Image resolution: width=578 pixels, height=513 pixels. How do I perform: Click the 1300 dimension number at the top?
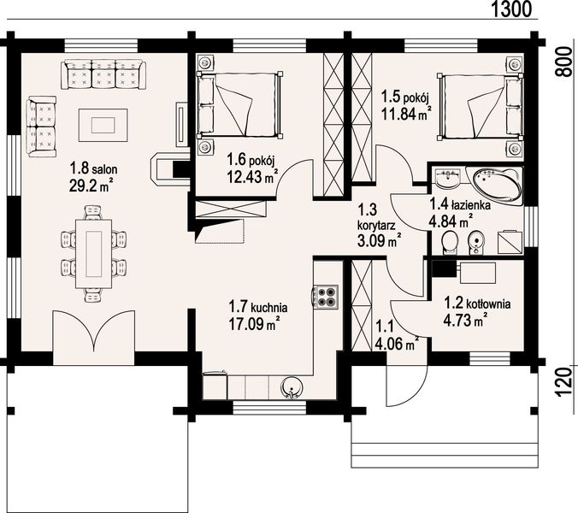(x=511, y=9)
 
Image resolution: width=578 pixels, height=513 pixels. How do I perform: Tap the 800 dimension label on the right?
(x=563, y=62)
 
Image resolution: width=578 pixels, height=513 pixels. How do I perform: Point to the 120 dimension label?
(x=565, y=382)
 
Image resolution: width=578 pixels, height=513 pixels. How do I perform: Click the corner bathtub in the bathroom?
(x=496, y=186)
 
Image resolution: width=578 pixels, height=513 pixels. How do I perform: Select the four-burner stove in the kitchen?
(x=326, y=297)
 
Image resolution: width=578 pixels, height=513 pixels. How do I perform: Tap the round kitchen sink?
(x=292, y=388)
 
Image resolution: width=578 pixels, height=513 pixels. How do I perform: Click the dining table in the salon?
(x=94, y=254)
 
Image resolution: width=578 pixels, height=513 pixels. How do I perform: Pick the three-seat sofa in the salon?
(x=103, y=75)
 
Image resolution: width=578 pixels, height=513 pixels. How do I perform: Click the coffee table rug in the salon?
(x=103, y=126)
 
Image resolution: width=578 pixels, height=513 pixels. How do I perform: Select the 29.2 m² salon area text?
(x=91, y=186)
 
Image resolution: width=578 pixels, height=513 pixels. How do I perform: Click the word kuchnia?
(x=268, y=307)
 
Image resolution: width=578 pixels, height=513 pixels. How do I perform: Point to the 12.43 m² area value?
(x=252, y=177)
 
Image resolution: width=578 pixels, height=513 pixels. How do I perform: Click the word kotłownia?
(x=488, y=304)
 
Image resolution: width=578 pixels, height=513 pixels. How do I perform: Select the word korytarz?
(x=377, y=225)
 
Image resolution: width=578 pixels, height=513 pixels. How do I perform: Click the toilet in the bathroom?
(x=450, y=243)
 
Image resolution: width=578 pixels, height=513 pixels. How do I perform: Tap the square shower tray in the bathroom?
(x=510, y=242)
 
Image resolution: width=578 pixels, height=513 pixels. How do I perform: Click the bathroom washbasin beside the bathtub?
(x=448, y=178)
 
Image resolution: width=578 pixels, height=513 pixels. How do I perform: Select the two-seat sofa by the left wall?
(x=41, y=127)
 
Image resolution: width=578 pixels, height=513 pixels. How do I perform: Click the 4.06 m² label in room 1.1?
(x=397, y=344)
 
